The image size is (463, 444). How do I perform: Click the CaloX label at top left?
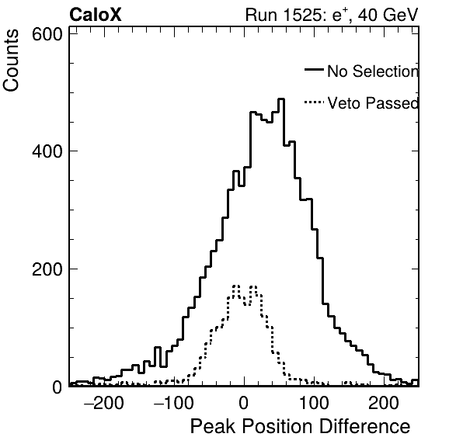click(96, 15)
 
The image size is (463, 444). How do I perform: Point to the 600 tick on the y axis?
click(47, 34)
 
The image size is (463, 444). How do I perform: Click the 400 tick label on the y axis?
click(47, 151)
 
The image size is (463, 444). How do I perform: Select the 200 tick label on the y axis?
click(47, 269)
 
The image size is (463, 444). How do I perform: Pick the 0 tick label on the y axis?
click(57, 387)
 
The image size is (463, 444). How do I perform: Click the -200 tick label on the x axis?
click(104, 403)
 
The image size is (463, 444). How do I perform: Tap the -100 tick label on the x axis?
click(174, 403)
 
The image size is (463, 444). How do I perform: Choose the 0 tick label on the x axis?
click(244, 403)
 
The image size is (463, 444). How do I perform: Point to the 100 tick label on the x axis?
click(314, 403)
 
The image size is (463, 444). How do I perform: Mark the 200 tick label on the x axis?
click(384, 403)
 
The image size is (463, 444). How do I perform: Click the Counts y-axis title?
click(11, 61)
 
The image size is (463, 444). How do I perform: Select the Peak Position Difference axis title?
click(301, 427)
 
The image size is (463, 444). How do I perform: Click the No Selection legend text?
click(373, 71)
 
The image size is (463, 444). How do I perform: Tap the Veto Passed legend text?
click(373, 103)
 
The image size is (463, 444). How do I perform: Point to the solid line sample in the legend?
click(314, 70)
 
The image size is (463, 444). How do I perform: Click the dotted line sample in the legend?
click(314, 102)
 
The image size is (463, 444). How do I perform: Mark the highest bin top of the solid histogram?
click(281, 99)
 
